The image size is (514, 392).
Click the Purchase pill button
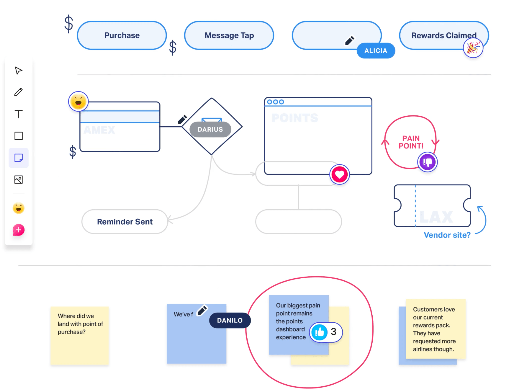pyautogui.click(x=122, y=35)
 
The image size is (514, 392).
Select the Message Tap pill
pyautogui.click(x=229, y=35)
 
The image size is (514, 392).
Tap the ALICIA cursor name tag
pyautogui.click(x=376, y=51)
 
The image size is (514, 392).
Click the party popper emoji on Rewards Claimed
pyautogui.click(x=473, y=48)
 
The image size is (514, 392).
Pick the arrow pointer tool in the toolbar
pyautogui.click(x=19, y=71)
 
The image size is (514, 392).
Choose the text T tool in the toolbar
pyautogui.click(x=19, y=114)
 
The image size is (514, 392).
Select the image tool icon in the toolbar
pyautogui.click(x=19, y=179)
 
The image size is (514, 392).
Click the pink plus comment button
pyautogui.click(x=19, y=230)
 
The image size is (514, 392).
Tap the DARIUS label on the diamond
pyautogui.click(x=210, y=129)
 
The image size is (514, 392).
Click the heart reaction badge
pyautogui.click(x=339, y=174)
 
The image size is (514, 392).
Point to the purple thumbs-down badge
pyautogui.click(x=427, y=162)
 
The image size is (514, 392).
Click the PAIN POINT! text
pyautogui.click(x=411, y=142)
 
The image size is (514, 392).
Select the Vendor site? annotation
pyautogui.click(x=447, y=235)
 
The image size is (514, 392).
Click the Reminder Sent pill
pyautogui.click(x=125, y=222)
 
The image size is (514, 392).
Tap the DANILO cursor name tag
pyautogui.click(x=230, y=320)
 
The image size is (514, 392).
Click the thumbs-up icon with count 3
pyautogui.click(x=320, y=332)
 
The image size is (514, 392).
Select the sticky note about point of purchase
pyautogui.click(x=80, y=335)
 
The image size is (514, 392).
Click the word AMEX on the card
pyautogui.click(x=99, y=130)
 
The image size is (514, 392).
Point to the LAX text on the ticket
pyautogui.click(x=436, y=217)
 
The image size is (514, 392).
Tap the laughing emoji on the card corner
pyautogui.click(x=78, y=101)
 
